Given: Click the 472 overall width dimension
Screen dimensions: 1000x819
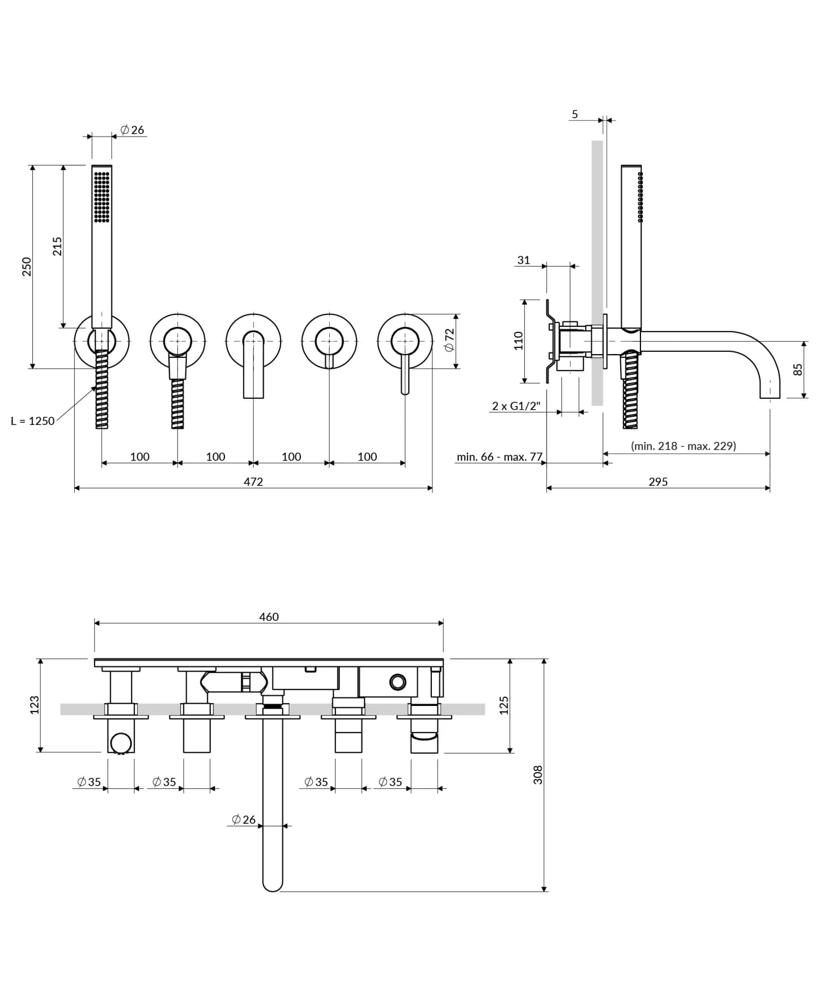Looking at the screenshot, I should click(253, 482).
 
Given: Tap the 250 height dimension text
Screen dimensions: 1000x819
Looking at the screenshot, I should click(27, 266).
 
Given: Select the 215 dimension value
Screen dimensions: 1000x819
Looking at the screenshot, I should click(57, 246).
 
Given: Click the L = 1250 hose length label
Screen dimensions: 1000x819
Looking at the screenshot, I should click(33, 421).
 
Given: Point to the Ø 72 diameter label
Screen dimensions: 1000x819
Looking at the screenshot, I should click(449, 340).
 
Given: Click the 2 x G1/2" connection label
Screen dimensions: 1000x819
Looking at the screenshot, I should click(515, 406).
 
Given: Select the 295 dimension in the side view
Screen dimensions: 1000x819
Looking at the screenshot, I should click(658, 482).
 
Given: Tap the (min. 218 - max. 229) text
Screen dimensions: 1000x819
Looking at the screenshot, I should click(683, 446).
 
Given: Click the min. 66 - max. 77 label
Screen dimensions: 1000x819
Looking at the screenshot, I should click(499, 457).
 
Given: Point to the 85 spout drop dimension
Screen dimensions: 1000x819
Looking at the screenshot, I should click(798, 369).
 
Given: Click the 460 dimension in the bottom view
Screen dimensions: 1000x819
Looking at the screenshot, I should click(269, 616).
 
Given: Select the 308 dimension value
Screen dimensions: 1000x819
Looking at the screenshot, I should click(538, 775).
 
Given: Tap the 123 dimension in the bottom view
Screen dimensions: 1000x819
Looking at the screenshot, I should click(34, 705).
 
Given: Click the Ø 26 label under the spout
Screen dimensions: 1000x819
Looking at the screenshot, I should click(244, 819).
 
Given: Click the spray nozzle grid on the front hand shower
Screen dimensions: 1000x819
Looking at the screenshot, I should click(102, 196).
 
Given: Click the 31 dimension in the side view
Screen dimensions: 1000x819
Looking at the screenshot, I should click(524, 260).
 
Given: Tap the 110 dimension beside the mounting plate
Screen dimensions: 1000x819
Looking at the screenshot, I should click(518, 340).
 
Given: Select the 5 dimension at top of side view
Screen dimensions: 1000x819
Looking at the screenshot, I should click(574, 114).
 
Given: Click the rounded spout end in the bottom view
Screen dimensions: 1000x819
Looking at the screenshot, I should click(272, 885).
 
